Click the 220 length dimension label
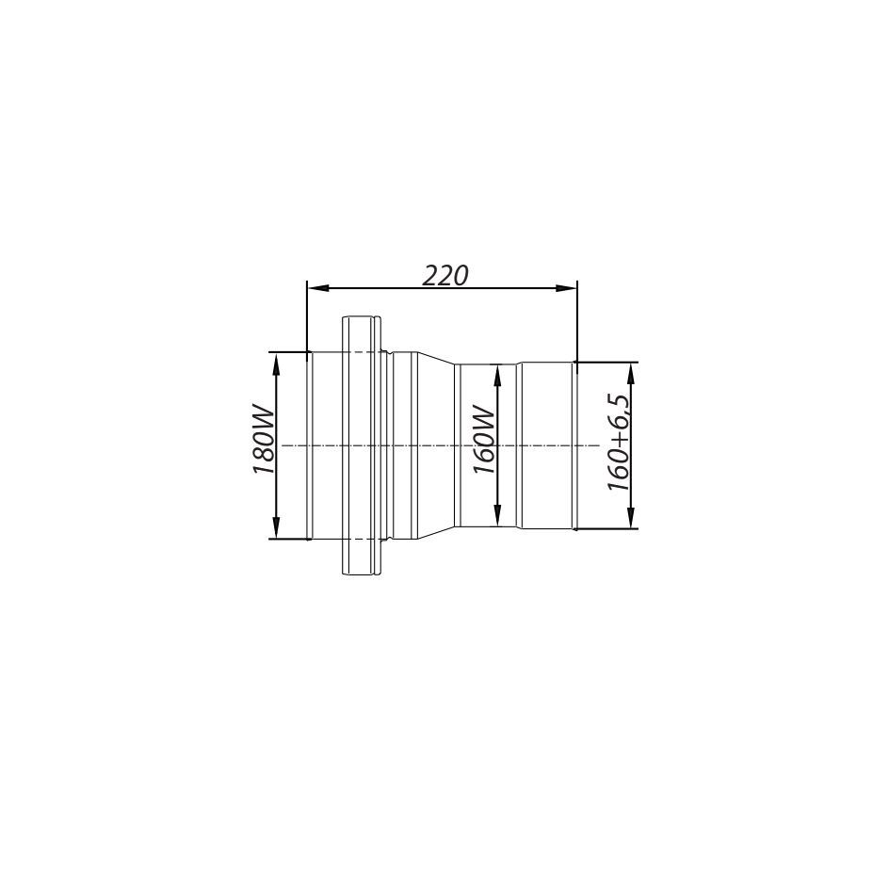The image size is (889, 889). pyautogui.click(x=445, y=276)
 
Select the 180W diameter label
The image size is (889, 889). pyautogui.click(x=264, y=440)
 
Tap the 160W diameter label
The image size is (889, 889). pyautogui.click(x=485, y=440)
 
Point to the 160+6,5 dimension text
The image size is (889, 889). pyautogui.click(x=618, y=443)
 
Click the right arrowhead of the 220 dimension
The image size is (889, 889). pyautogui.click(x=566, y=288)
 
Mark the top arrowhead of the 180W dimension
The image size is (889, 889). pyautogui.click(x=276, y=363)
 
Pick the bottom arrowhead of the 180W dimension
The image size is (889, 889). pyautogui.click(x=276, y=527)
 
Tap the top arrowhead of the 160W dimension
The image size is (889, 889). pyautogui.click(x=497, y=375)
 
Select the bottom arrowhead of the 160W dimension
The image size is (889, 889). pyautogui.click(x=497, y=515)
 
